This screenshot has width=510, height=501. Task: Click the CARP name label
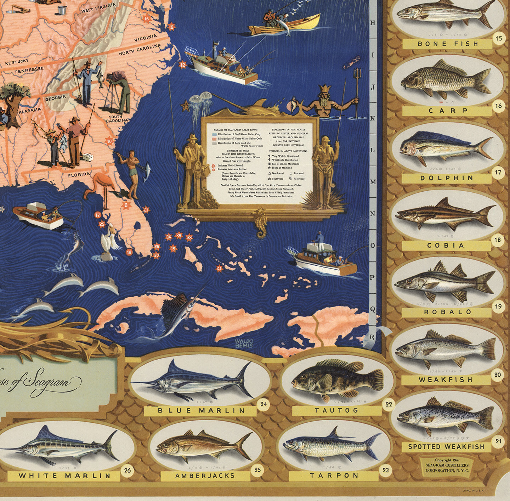click(448, 111)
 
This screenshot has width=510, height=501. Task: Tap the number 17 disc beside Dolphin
click(498, 173)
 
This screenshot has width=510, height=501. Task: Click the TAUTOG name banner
click(336, 411)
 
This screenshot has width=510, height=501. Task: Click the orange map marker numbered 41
click(220, 269)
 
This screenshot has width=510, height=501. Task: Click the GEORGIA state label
click(56, 98)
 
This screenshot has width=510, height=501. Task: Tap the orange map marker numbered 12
click(182, 65)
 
